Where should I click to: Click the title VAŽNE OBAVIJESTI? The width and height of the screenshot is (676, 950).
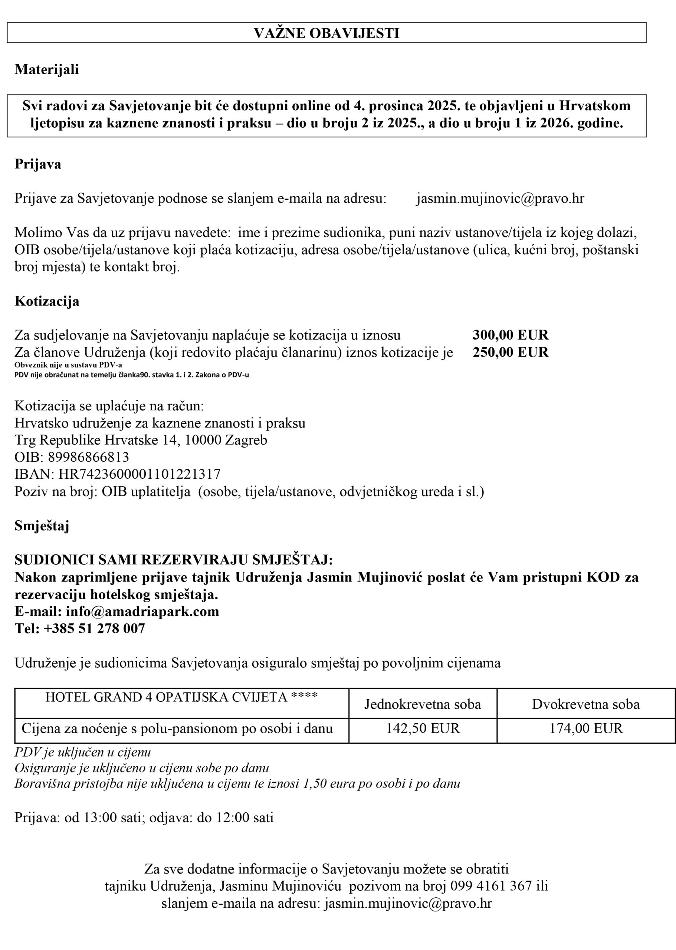pyautogui.click(x=326, y=33)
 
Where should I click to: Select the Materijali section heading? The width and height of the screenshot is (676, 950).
pyautogui.click(x=47, y=69)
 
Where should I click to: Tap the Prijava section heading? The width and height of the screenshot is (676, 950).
pyautogui.click(x=38, y=164)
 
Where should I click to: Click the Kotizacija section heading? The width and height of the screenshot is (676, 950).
pyautogui.click(x=47, y=301)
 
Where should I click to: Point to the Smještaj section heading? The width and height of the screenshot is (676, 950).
pyautogui.click(x=42, y=526)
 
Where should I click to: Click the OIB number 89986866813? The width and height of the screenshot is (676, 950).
pyautogui.click(x=88, y=457)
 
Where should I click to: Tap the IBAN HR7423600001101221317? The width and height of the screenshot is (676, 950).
pyautogui.click(x=139, y=474)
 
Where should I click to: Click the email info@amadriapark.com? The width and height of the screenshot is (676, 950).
pyautogui.click(x=142, y=611)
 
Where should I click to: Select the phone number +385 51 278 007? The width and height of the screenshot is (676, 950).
pyautogui.click(x=94, y=628)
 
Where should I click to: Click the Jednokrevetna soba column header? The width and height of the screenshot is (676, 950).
pyautogui.click(x=423, y=704)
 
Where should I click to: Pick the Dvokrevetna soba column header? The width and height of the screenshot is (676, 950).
pyautogui.click(x=586, y=704)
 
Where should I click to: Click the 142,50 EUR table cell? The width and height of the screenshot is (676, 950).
pyautogui.click(x=423, y=728)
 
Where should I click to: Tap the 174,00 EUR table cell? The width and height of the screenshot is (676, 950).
pyautogui.click(x=586, y=728)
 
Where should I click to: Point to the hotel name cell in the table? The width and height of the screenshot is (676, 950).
pyautogui.click(x=181, y=697)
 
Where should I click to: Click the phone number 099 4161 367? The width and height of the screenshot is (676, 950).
pyautogui.click(x=491, y=886)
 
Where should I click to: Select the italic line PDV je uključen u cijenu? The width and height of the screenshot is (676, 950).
pyautogui.click(x=82, y=752)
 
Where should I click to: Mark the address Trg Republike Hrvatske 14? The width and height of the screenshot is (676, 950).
pyautogui.click(x=96, y=440)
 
